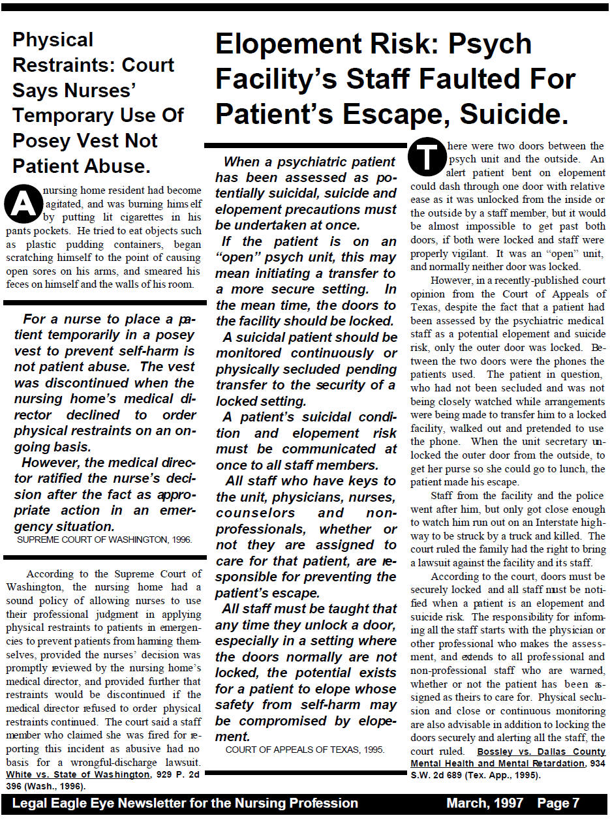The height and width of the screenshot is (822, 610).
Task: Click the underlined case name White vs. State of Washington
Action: coord(78,774)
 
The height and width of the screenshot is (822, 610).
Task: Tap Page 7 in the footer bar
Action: coord(558,803)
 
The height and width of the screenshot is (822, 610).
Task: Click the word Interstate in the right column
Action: coord(551,523)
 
